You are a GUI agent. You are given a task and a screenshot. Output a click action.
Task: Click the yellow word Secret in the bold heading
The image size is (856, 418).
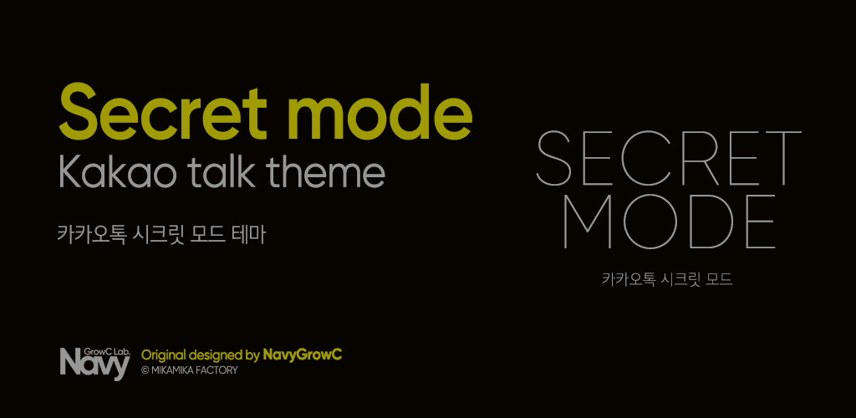click(163, 112)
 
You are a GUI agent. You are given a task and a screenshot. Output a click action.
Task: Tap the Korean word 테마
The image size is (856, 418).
click(248, 234)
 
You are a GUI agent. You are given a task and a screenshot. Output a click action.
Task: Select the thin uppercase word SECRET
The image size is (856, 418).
click(669, 158)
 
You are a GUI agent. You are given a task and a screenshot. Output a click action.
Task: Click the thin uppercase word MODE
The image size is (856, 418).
click(669, 222)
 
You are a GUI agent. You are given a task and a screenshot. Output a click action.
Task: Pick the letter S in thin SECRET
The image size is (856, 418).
click(557, 158)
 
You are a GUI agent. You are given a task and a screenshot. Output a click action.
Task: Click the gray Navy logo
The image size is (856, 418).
click(94, 364)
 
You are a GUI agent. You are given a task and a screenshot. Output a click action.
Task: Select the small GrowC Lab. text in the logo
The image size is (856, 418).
click(107, 351)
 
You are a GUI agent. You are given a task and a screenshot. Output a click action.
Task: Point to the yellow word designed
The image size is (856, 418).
click(216, 355)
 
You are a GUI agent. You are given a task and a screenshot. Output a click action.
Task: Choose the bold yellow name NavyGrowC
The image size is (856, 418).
click(303, 355)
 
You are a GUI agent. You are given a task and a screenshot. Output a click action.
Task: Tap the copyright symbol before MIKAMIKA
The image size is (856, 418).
click(145, 370)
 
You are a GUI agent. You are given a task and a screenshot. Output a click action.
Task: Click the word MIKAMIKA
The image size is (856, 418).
click(175, 370)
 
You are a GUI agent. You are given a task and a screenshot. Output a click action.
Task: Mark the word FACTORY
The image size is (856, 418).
click(219, 370)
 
